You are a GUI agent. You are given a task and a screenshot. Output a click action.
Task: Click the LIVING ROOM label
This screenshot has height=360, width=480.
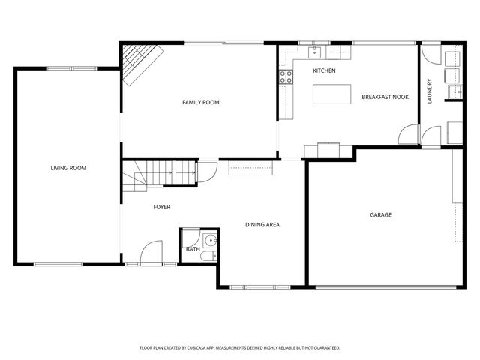click(x=68, y=168)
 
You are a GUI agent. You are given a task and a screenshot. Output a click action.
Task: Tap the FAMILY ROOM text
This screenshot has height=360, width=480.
click(x=201, y=102)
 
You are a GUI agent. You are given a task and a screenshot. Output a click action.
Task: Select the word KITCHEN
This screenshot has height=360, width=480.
click(x=324, y=70)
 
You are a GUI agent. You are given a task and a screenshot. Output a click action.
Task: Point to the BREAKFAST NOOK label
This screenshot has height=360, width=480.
click(x=385, y=97)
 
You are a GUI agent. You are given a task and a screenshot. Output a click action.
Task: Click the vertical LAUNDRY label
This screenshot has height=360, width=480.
click(x=429, y=91)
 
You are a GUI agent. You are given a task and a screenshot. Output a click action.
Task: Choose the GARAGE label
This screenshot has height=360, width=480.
click(x=380, y=215)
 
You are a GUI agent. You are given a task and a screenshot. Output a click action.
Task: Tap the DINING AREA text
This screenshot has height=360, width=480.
click(x=262, y=225)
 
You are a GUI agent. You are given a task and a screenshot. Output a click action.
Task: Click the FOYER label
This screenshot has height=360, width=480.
click(x=162, y=207)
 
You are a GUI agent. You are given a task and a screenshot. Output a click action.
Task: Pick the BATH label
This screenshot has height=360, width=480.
click(x=193, y=249)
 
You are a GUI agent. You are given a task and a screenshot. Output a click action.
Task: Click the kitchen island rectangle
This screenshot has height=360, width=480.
click(x=331, y=94)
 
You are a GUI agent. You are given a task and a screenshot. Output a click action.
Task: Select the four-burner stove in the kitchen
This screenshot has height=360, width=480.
click(x=286, y=76)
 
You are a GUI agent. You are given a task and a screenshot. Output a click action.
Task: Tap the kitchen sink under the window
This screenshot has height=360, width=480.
click(x=314, y=52)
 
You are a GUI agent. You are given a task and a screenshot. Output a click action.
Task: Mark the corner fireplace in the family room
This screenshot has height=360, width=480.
click(x=140, y=63)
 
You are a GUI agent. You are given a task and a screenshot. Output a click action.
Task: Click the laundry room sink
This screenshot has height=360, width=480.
click(x=455, y=91)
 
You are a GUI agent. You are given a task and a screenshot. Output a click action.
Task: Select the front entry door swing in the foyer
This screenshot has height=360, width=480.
click(x=151, y=251)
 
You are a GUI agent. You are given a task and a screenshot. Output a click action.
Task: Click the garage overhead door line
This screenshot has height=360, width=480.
click(x=386, y=287)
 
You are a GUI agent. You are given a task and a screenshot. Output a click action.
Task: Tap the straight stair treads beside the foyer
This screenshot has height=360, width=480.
click(x=172, y=173)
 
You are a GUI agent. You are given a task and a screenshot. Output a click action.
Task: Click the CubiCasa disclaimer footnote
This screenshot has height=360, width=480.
click(x=240, y=348)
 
